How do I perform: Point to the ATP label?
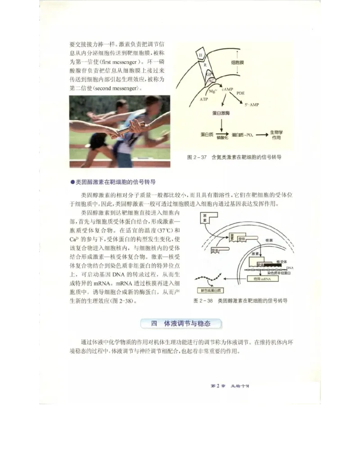[x=204, y=100]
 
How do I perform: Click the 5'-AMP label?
[x=254, y=104]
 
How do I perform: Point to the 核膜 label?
[x=270, y=241]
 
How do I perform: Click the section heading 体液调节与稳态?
[x=187, y=323]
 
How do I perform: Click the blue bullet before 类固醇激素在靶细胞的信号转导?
[x=72, y=182]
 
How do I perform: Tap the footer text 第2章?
[x=218, y=386]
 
